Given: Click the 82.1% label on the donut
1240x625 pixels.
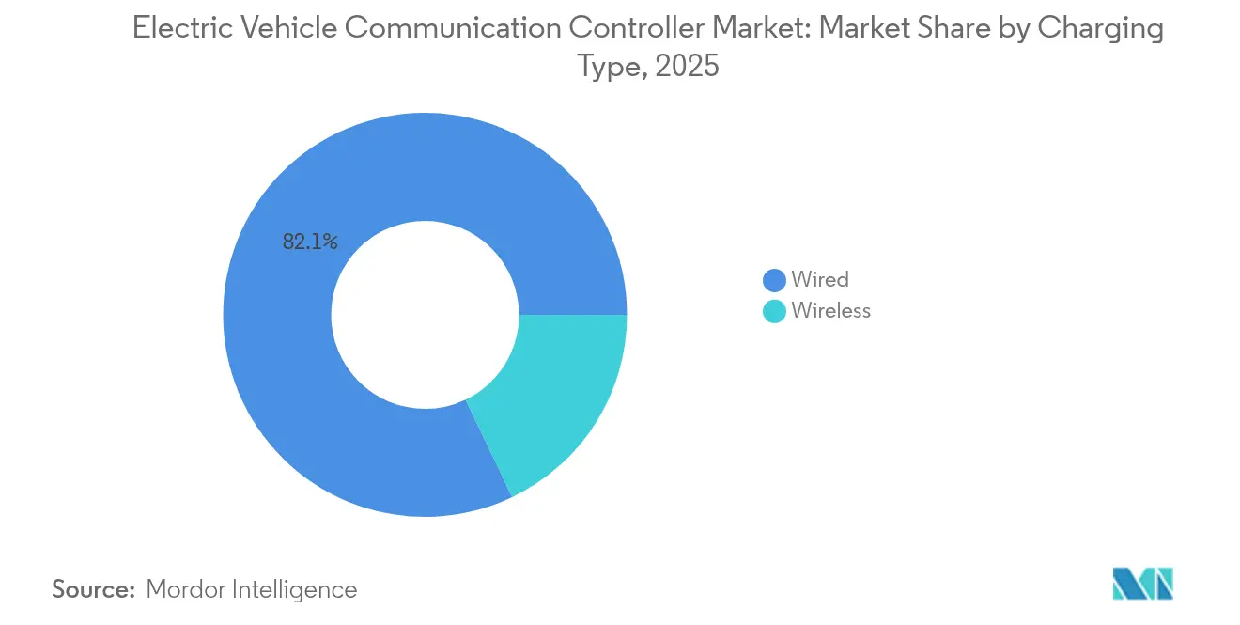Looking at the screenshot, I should click(x=310, y=242).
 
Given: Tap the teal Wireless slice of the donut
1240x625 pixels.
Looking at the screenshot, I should click(x=554, y=395).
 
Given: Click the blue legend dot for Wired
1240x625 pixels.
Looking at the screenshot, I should click(x=774, y=280).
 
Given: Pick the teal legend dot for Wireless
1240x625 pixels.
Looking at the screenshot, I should click(x=774, y=311).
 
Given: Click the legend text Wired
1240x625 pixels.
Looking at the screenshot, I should click(x=819, y=280).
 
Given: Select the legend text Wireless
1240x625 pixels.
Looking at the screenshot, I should click(x=830, y=311).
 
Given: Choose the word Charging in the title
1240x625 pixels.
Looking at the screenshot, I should click(x=1100, y=29).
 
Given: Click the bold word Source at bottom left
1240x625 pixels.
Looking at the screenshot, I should click(x=94, y=590).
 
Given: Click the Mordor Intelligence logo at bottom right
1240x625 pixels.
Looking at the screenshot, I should click(x=1142, y=583).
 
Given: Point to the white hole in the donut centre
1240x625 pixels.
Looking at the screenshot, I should click(x=425, y=315).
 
